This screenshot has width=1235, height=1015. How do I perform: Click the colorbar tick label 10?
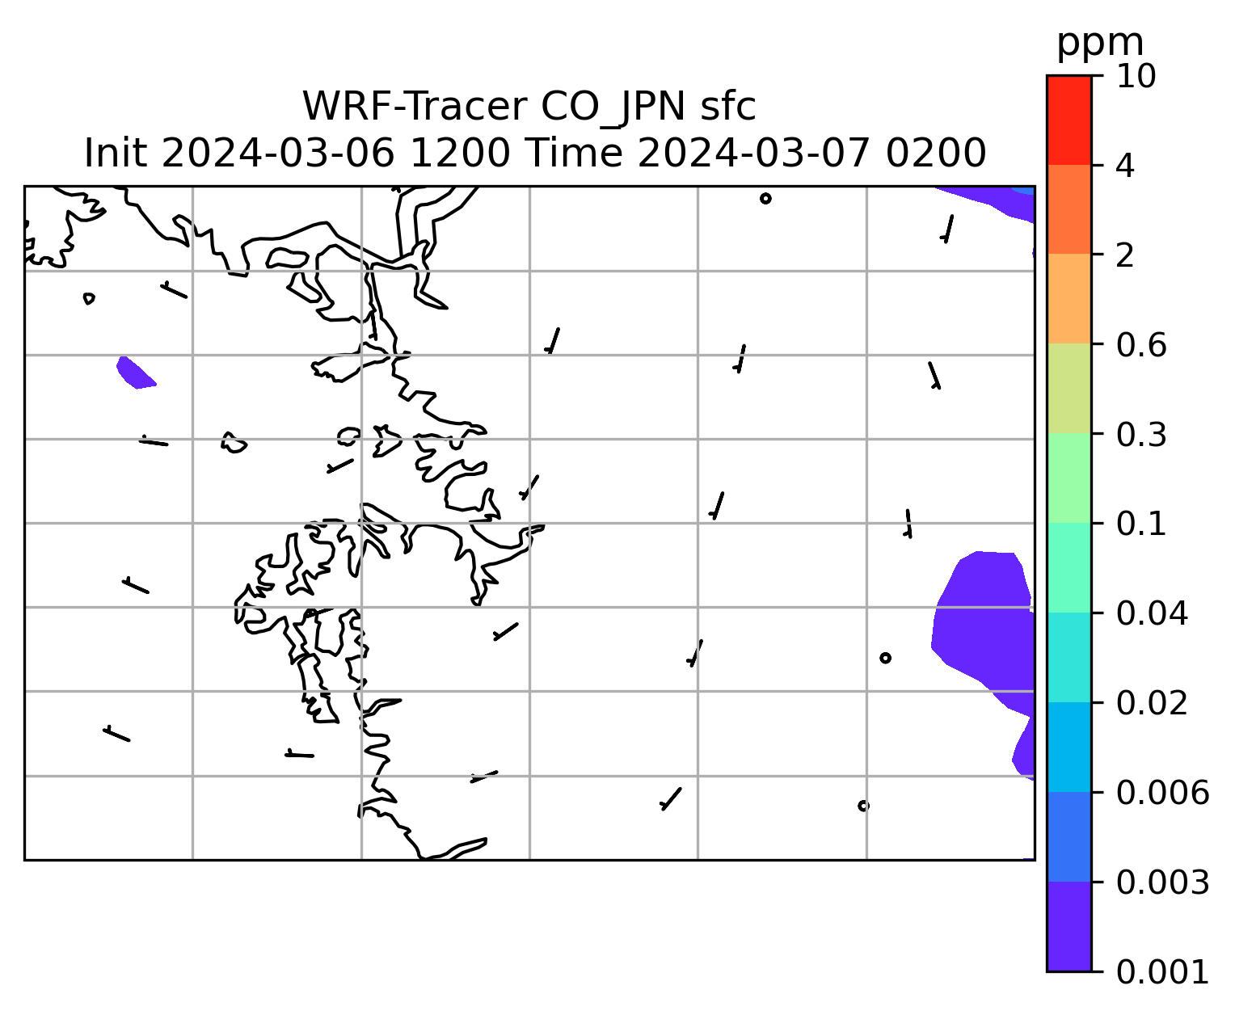coord(1136,76)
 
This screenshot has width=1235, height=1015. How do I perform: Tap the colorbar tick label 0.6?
coord(1141,345)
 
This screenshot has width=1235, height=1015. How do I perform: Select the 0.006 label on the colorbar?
coord(1162,793)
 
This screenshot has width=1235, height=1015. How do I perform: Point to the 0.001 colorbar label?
coord(1162,972)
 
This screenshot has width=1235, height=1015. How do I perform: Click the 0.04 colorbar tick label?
coord(1152,613)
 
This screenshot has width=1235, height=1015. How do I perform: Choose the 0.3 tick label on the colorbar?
coord(1141,435)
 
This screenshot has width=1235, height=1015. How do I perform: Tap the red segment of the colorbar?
coord(1069,120)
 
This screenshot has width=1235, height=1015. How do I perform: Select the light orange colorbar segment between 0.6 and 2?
coord(1069,298)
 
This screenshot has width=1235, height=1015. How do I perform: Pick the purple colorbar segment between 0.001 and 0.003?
coord(1069,927)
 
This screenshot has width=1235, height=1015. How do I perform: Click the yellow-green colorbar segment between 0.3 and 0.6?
coord(1069,388)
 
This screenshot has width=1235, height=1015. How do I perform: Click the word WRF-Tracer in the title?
coord(415,107)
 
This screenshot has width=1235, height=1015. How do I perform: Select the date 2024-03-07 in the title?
coord(754,154)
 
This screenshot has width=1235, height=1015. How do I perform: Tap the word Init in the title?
coord(116,154)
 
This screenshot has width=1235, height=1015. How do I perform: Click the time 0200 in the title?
coord(936,154)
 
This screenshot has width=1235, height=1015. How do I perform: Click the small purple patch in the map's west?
coord(135,373)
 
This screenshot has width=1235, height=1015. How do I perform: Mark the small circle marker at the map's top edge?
coord(765,199)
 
